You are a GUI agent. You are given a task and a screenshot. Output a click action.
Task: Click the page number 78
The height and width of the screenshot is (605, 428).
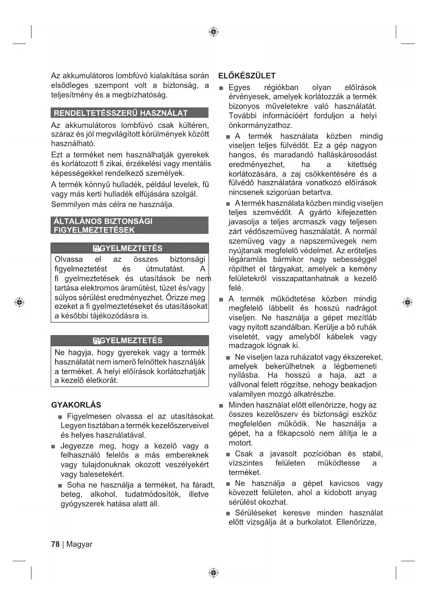click(55, 544)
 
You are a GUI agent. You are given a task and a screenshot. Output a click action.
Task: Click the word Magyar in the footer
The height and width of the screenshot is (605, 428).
click(79, 544)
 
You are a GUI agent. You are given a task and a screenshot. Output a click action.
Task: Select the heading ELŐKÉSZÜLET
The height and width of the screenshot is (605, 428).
click(247, 76)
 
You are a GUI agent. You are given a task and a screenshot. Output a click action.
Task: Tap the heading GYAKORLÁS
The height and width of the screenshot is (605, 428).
click(76, 405)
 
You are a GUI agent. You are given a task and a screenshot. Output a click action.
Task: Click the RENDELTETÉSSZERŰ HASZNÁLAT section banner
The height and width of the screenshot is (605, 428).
click(129, 113)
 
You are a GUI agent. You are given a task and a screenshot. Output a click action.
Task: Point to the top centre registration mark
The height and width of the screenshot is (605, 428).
click(214, 32)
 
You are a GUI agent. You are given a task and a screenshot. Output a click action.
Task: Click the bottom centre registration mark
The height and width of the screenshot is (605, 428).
click(214, 573)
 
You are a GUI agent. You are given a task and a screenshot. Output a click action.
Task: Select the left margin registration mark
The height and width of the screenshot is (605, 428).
click(20, 302)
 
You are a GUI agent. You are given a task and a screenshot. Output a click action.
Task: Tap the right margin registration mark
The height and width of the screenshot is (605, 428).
click(408, 302)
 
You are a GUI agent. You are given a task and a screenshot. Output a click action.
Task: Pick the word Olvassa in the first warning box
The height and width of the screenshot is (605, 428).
click(69, 259)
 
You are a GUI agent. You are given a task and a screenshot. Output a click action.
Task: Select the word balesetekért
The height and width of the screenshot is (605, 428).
click(102, 474)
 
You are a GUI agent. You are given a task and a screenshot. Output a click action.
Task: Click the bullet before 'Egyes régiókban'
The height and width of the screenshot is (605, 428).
click(221, 88)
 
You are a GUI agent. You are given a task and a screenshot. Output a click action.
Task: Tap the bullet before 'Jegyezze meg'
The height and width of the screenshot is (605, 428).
click(53, 447)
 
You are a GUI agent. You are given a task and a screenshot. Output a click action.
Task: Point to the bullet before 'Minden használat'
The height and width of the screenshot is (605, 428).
click(221, 406)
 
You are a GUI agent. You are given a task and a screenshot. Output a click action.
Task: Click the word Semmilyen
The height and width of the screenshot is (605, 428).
click(69, 205)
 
